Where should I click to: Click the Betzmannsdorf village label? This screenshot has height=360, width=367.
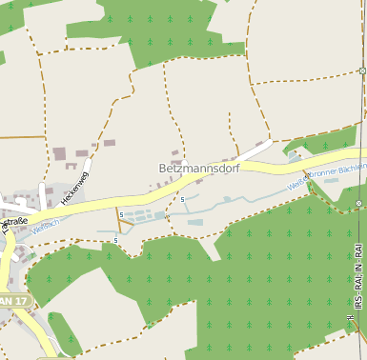click(199, 168)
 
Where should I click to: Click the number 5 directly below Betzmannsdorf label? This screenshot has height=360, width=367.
click(182, 200)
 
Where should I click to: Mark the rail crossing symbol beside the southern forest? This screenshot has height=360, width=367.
click(358, 204)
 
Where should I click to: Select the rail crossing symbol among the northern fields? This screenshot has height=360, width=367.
click(363, 70)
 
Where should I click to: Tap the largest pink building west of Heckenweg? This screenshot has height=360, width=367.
click(59, 153)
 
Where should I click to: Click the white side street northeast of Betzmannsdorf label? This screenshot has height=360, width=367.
click(255, 151)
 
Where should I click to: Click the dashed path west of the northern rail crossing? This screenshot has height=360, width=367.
click(305, 78)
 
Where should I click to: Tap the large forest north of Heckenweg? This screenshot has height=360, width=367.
click(172, 33)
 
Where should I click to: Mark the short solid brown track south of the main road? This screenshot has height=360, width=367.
click(118, 220)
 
